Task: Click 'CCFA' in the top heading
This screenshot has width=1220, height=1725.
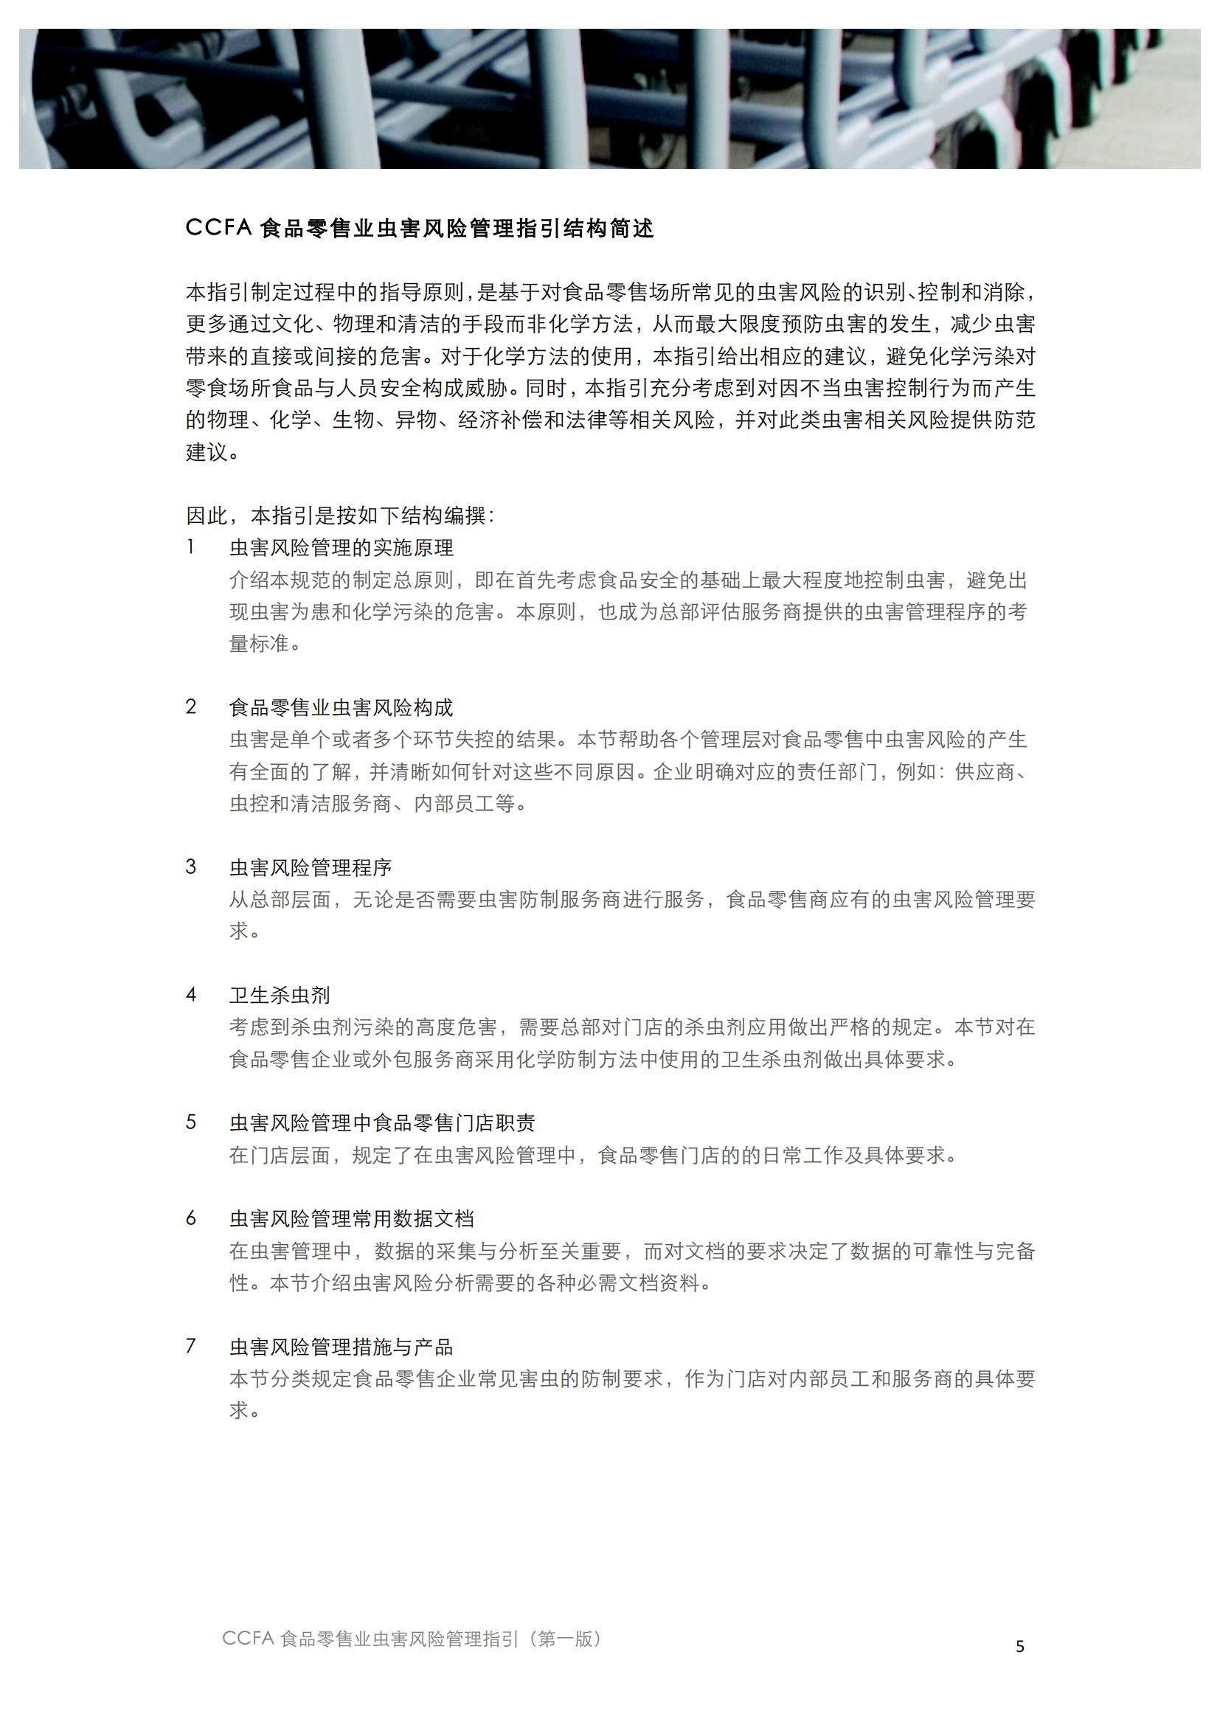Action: tap(218, 228)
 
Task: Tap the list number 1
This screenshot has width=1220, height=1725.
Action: tap(191, 547)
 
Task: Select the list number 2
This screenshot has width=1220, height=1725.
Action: tap(191, 707)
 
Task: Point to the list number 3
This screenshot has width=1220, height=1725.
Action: tap(191, 867)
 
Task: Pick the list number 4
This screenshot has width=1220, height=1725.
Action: tap(191, 994)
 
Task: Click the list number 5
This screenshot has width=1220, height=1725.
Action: tap(191, 1122)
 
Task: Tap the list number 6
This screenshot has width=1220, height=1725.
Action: tap(191, 1218)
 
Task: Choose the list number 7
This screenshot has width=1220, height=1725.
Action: tap(191, 1346)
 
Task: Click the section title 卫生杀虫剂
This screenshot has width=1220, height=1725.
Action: tap(280, 995)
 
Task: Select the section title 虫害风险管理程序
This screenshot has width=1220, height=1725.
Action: tap(311, 867)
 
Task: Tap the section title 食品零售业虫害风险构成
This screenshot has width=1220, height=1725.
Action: tap(341, 707)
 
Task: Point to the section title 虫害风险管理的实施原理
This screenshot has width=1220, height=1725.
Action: tap(341, 548)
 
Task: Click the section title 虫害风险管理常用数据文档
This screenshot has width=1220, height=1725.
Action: tap(352, 1218)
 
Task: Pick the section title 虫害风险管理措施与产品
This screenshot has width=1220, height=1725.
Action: tap(341, 1347)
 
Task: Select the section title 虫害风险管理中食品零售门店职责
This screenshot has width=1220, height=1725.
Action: tap(381, 1122)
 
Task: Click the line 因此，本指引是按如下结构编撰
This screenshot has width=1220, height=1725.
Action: tap(339, 516)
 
